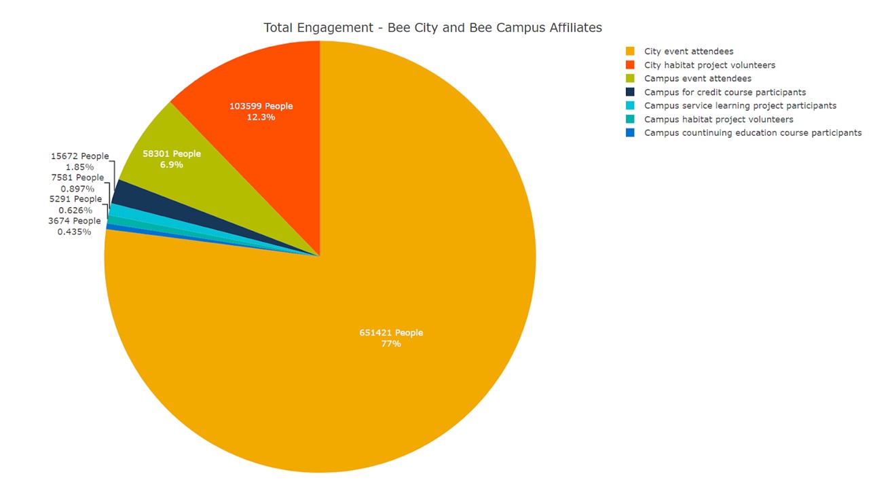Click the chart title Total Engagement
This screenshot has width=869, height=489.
click(x=432, y=28)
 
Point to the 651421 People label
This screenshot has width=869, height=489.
click(x=391, y=333)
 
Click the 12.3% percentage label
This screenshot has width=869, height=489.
click(x=261, y=117)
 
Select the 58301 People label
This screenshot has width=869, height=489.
click(x=172, y=153)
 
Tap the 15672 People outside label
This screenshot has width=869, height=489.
click(x=79, y=156)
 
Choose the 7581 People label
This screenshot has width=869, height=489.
click(x=77, y=178)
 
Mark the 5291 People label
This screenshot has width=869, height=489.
click(x=75, y=200)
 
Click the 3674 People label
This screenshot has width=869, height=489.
click(x=74, y=221)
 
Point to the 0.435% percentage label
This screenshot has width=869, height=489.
click(x=74, y=232)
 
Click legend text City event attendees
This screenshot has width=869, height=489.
click(x=688, y=52)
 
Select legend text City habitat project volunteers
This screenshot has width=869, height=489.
click(x=709, y=65)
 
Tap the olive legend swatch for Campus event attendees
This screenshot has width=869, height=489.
click(x=630, y=79)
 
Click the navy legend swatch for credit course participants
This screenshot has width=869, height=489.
click(x=630, y=92)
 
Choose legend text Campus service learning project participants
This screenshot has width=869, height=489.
click(x=740, y=106)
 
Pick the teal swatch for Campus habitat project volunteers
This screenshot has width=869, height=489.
click(x=630, y=120)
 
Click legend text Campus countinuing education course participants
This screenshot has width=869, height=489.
click(x=753, y=133)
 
